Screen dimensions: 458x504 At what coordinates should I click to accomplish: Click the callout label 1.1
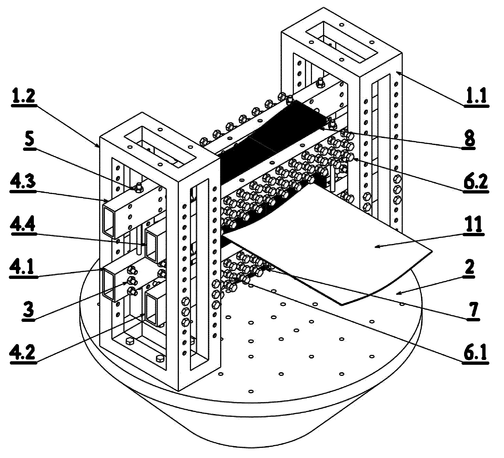[x=476, y=95]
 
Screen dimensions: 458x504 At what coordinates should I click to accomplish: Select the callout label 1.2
[x=23, y=95]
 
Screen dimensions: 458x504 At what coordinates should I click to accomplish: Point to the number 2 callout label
[x=469, y=268]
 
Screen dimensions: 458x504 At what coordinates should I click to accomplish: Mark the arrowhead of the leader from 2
[x=397, y=294]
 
